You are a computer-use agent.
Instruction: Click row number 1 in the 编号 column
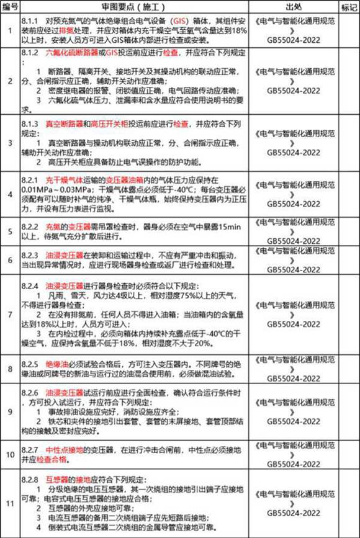click(x=9, y=29)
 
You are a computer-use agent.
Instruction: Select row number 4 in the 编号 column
click(x=9, y=194)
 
